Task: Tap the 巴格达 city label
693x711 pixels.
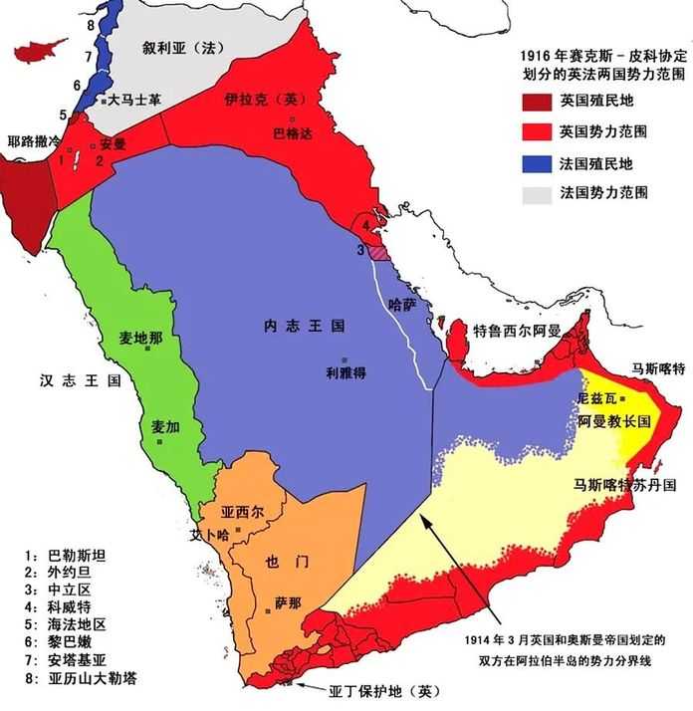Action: point(292,131)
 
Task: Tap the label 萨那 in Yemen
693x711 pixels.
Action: point(288,601)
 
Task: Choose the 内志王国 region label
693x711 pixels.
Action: point(305,326)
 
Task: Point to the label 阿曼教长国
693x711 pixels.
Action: point(613,420)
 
